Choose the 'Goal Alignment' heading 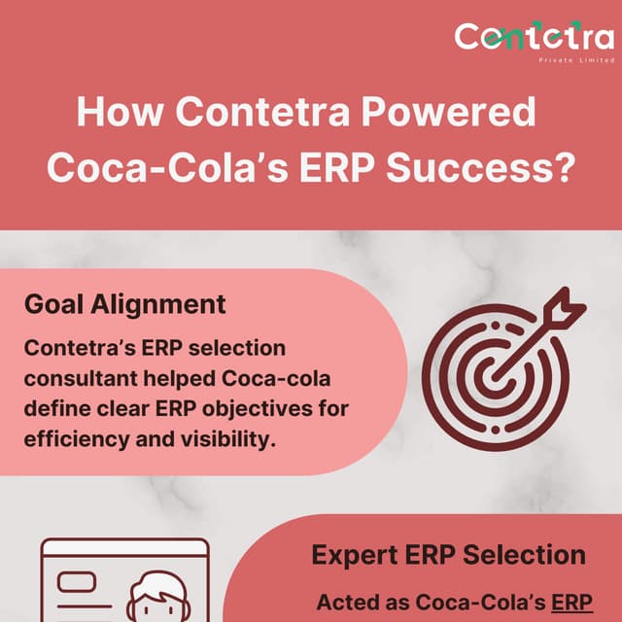point(124,303)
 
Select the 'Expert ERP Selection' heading point(448,555)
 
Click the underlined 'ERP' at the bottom point(571,602)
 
